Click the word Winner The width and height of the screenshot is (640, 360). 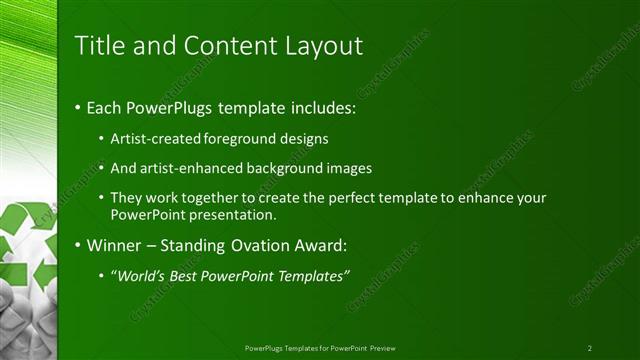pyautogui.click(x=113, y=244)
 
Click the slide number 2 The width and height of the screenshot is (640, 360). pyautogui.click(x=590, y=348)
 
